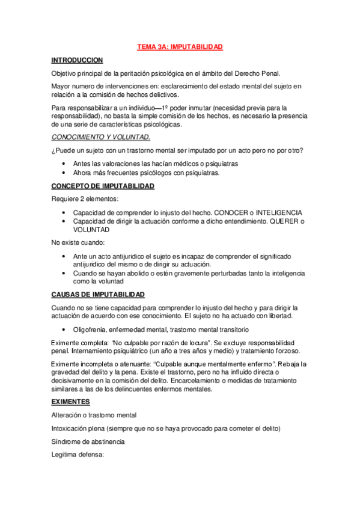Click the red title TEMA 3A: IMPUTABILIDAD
click(180, 46)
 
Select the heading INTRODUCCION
click(77, 60)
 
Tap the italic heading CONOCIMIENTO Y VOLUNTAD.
click(100, 137)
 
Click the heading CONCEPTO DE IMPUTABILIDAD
click(103, 186)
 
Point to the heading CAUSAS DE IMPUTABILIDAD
click(97, 295)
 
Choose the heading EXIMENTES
click(70, 402)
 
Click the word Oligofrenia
click(90, 330)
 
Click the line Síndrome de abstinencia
click(88, 441)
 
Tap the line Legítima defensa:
click(78, 455)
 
